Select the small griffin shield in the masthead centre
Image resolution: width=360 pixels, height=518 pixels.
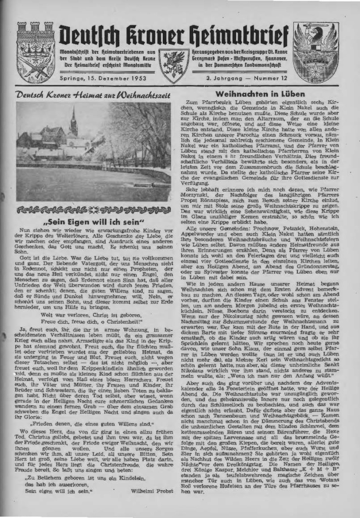pos(173,64)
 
